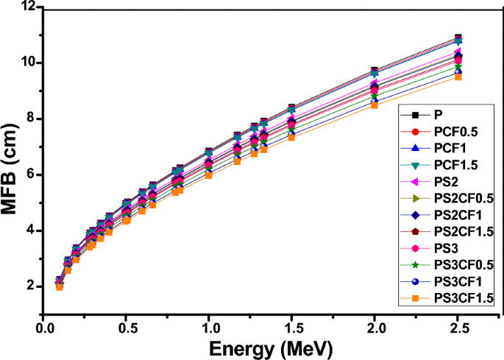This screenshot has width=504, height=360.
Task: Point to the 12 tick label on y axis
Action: click(29, 7)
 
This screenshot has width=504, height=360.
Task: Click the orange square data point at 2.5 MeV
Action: click(458, 77)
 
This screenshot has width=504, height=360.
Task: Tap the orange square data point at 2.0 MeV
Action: click(375, 105)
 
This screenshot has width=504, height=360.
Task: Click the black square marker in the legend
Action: click(416, 115)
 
